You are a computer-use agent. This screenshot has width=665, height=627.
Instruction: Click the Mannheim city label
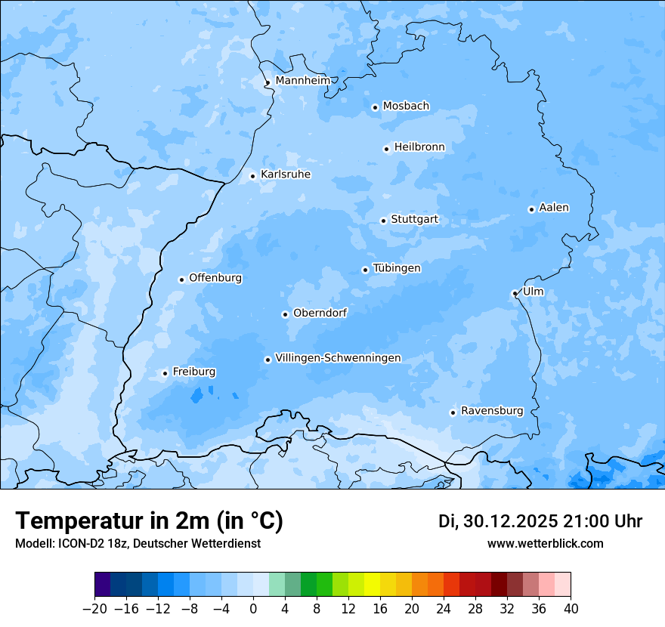coord(302,80)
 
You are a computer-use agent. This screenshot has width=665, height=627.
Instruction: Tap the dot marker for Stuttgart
coord(383,221)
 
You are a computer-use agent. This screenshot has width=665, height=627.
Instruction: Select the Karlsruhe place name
coord(285,175)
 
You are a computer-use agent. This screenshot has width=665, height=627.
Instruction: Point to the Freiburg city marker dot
coord(165,373)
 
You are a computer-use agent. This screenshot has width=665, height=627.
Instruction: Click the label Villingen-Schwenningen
coord(338,358)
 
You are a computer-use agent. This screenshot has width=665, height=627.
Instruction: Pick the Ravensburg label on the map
coord(491,411)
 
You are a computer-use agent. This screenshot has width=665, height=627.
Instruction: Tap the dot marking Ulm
coord(515,293)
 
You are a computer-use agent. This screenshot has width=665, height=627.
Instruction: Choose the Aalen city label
coord(554,208)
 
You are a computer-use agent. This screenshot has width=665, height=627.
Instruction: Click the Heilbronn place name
coord(419,147)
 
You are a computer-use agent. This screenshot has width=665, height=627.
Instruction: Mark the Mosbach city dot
coord(375,107)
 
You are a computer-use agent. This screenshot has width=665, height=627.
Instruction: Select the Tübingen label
coord(397,268)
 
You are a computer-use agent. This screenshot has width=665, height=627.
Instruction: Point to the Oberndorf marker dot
coord(285,314)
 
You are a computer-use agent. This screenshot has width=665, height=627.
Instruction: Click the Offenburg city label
coord(215,278)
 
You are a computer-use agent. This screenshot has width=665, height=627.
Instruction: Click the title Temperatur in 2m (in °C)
coord(149,520)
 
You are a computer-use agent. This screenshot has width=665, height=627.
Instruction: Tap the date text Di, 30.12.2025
coord(497,521)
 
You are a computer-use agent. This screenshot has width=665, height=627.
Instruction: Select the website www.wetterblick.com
coord(545,543)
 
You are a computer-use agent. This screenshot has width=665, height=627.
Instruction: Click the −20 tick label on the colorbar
coord(94,609)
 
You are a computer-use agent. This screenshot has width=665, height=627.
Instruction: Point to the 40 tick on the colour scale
coord(571,609)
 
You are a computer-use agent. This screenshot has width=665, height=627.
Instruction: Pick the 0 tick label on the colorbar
coord(253,609)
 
